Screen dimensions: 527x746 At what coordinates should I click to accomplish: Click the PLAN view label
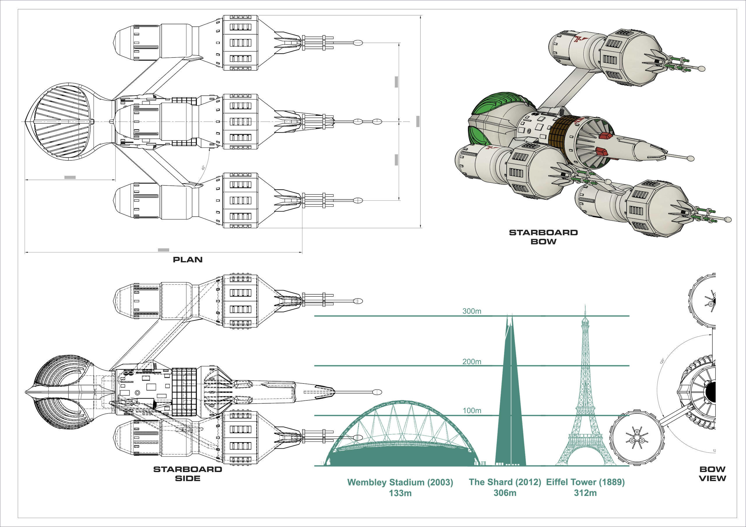point(187,260)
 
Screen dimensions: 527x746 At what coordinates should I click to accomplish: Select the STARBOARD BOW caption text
point(543,237)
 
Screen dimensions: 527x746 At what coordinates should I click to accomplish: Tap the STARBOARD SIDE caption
point(187,474)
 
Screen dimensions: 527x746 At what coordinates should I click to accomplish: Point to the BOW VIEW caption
point(712,474)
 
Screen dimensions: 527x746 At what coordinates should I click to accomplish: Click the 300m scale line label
point(471,311)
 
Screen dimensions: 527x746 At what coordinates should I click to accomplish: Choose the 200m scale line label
point(471,362)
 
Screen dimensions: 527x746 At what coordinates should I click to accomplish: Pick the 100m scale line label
point(471,411)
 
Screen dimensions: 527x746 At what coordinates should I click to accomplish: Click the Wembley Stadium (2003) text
point(400,482)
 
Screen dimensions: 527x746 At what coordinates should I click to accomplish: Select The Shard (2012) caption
point(505,482)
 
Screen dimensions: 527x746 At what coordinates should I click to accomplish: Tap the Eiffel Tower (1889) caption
point(585,482)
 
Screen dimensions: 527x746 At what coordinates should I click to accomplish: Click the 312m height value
point(585,493)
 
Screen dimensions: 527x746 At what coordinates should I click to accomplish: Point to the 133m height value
point(400,493)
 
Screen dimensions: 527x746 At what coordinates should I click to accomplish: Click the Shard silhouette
point(510,406)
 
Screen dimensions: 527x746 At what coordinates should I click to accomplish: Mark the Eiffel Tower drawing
point(585,406)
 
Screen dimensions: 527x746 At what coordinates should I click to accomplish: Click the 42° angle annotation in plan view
point(203,168)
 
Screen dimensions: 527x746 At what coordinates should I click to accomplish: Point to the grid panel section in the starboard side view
point(184,392)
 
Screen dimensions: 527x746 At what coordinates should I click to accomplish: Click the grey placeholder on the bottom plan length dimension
point(163,250)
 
